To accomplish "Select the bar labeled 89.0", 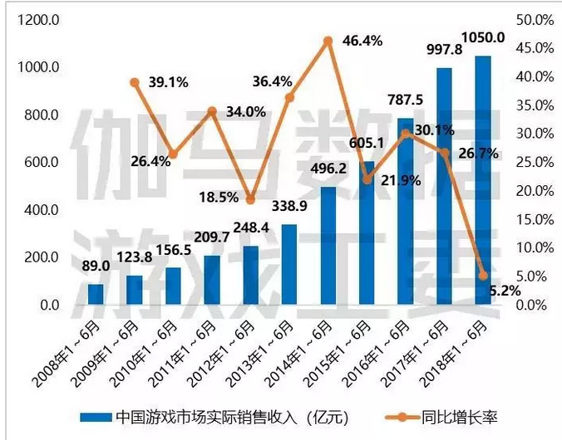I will [x=96, y=295].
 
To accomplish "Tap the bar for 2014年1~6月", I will [x=328, y=247].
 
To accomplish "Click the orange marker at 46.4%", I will [x=328, y=41].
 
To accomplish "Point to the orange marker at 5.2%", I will [x=483, y=275].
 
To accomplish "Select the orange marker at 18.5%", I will [x=250, y=199].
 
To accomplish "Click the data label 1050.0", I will [x=483, y=37].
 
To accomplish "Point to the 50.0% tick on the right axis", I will [x=534, y=19].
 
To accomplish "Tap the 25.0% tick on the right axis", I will [x=534, y=162].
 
